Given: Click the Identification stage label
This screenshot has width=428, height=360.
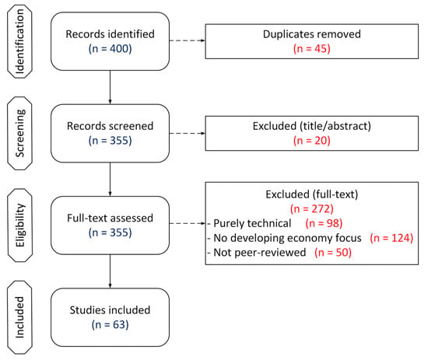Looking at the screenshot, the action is (20, 41).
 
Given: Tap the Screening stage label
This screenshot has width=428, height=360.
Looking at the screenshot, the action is (20, 134).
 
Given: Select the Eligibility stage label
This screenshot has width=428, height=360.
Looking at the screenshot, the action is (20, 225).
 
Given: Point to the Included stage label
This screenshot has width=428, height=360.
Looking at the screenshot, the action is (20, 317).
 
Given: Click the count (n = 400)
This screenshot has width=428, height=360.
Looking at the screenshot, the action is (110, 49).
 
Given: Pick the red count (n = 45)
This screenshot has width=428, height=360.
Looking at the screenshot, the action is (312, 49).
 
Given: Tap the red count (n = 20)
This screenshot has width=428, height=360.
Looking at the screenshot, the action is (312, 141).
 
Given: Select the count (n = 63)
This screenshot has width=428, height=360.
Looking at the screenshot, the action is (110, 325).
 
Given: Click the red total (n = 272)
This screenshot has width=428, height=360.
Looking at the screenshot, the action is (312, 209).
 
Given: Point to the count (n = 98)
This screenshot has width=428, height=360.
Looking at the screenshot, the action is (324, 224).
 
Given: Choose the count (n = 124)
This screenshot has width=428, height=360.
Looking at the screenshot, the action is (391, 238).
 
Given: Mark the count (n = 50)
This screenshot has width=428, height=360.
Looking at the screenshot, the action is (333, 253).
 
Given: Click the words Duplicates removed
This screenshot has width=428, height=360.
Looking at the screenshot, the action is (312, 34).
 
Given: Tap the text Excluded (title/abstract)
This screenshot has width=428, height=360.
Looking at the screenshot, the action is (312, 126).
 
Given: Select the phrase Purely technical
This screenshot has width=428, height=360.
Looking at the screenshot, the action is (252, 224).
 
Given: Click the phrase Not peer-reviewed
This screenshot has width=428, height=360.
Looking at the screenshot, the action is (260, 253).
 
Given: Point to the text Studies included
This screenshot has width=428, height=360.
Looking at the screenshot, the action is (110, 310).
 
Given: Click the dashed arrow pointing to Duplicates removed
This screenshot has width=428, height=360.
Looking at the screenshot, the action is (188, 40).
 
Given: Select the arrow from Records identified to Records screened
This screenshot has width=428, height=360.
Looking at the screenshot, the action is (110, 87).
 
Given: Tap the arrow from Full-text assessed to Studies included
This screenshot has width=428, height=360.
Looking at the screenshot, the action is (110, 271).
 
